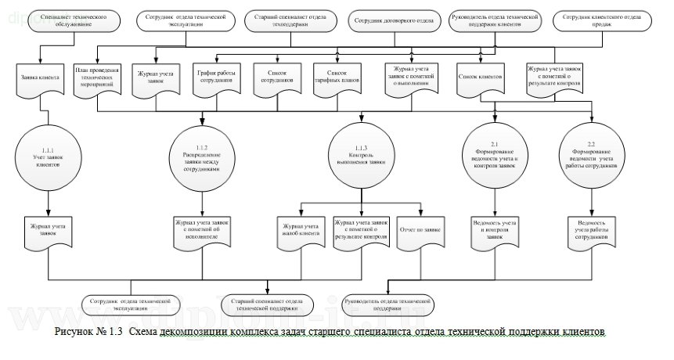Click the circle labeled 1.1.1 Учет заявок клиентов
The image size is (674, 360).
(48, 157)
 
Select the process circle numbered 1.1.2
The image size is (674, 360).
(203, 157)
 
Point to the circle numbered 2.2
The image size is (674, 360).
(590, 157)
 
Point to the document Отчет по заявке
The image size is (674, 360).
(421, 231)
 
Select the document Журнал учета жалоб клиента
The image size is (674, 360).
(301, 231)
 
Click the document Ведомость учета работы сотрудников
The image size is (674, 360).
(591, 231)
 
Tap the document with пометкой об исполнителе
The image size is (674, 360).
(203, 231)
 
